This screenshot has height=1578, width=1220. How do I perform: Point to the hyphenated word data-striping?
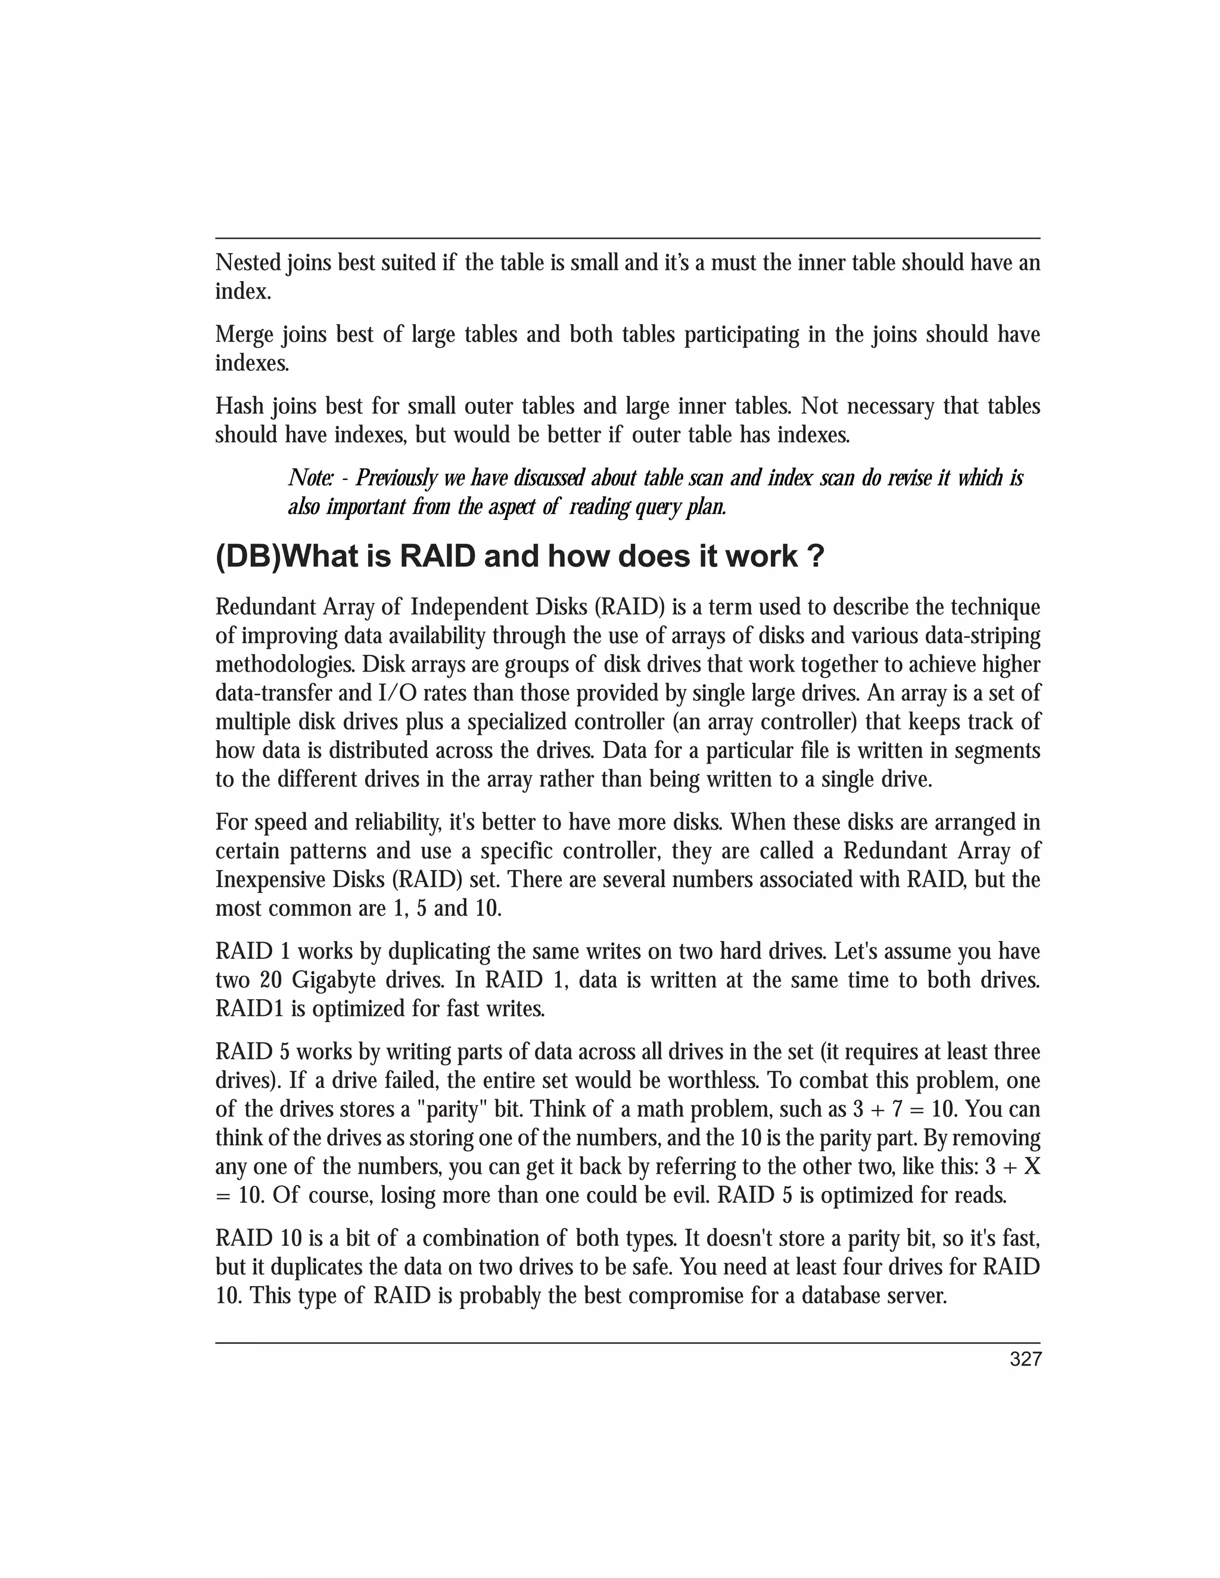coord(975,636)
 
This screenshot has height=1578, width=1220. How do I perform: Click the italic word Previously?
coord(397,478)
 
